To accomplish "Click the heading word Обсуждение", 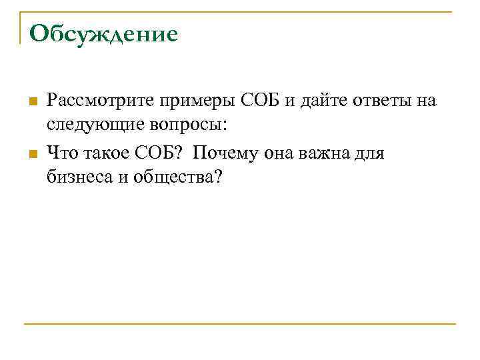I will pos(103,33).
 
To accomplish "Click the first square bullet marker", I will pos(31,101).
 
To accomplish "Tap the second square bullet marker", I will pos(31,155).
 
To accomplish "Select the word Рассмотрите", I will pos(100,101).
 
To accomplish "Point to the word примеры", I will pos(188,101).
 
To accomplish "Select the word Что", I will pos(61,154).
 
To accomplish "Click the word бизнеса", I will pos(77,177).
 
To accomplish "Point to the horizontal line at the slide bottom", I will pos(240,325).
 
